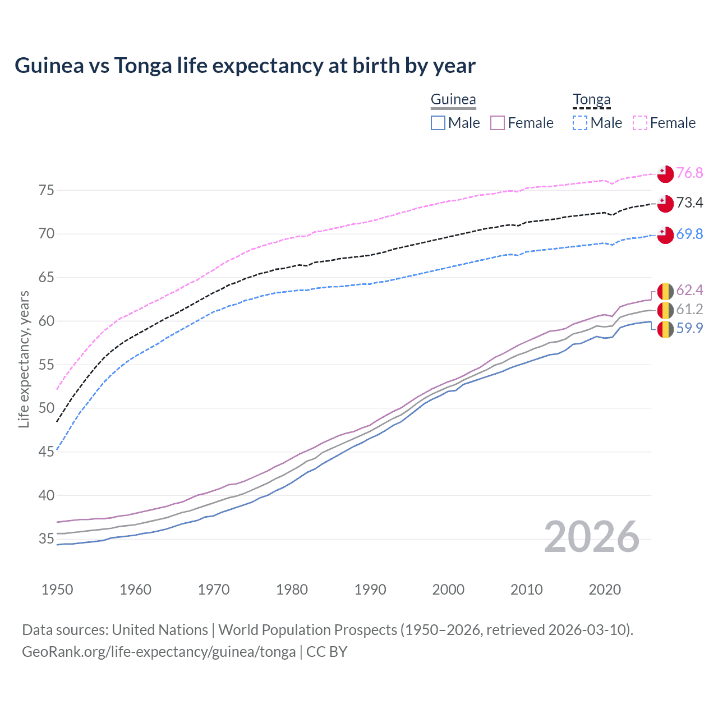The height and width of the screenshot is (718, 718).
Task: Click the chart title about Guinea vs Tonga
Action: coord(245,66)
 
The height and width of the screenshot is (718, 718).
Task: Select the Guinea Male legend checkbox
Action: coord(438,123)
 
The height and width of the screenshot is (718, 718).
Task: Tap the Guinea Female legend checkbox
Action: coord(498,123)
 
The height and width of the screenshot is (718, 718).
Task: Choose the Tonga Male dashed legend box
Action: coord(580,123)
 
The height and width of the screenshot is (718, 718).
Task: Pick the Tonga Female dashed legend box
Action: coord(640,123)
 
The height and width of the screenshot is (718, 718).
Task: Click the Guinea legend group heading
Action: coord(453,100)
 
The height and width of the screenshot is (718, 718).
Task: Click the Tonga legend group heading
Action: coord(591,100)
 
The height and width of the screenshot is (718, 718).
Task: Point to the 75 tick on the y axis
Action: coord(47,191)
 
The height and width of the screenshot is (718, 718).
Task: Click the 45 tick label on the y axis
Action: coord(47,452)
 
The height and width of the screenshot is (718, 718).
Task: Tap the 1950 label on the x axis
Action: coord(57,590)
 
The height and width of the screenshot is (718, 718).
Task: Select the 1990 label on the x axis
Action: coord(370,590)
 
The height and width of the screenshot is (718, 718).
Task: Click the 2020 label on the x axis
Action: coord(605,590)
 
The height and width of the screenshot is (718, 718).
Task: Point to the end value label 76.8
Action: coord(689,173)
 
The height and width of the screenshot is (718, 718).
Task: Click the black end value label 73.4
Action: coord(689,203)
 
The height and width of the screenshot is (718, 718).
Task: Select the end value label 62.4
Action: coord(689,290)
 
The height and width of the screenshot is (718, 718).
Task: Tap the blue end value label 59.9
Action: coord(689,329)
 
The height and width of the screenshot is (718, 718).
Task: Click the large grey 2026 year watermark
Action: coord(592,537)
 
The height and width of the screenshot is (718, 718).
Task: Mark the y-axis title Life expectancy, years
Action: coord(24,359)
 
